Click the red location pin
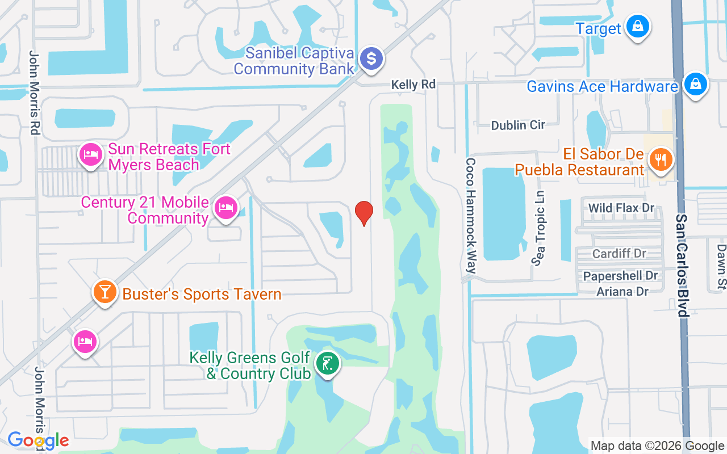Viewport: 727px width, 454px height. [x=363, y=212]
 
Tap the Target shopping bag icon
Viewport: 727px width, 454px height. [x=638, y=27]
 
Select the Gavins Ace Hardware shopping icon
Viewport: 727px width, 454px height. [x=695, y=85]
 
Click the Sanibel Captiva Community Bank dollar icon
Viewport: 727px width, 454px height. [x=371, y=58]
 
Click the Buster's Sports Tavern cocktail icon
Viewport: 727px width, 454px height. [x=105, y=292]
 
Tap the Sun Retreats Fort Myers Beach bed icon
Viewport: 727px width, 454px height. [x=90, y=154]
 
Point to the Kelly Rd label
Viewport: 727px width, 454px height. [x=413, y=85]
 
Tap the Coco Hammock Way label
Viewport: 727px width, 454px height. [x=470, y=216]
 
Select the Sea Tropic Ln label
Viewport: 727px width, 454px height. [x=538, y=227]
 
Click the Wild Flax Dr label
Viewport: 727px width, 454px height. [x=621, y=208]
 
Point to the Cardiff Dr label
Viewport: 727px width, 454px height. [x=619, y=254]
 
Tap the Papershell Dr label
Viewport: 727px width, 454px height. [x=620, y=276]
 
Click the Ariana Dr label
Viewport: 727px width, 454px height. [x=622, y=291]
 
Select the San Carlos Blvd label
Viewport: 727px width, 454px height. [x=682, y=266]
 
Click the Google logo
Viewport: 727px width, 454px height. [x=38, y=440]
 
